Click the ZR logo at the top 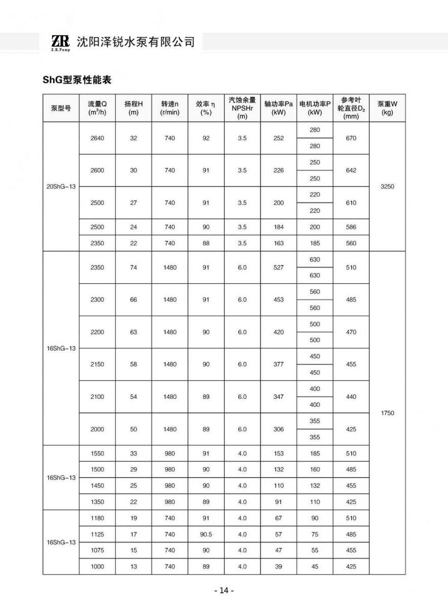click(60, 42)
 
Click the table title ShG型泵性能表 click(77, 80)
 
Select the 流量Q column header click(97, 108)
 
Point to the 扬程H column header click(133, 108)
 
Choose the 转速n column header click(170, 108)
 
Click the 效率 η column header click(206, 108)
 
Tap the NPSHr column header click(242, 108)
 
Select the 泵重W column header click(387, 108)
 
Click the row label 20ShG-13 click(61, 186)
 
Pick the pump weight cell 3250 click(387, 186)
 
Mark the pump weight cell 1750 click(387, 413)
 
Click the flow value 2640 click(97, 138)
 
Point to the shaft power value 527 click(279, 268)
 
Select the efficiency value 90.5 click(206, 534)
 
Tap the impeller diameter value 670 click(351, 138)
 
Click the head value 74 click(133, 268)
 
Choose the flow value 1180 click(97, 518)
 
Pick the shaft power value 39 click(279, 566)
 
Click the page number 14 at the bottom click(224, 591)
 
